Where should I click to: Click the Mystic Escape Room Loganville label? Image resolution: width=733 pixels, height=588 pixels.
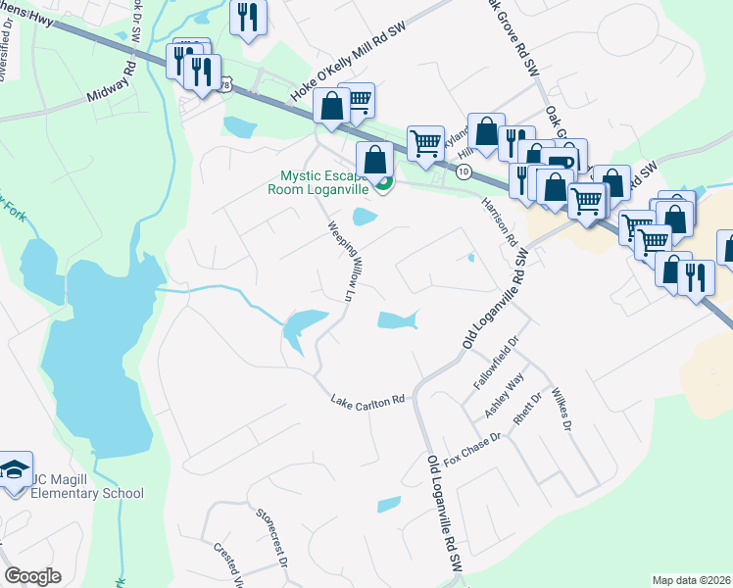coord(322,183)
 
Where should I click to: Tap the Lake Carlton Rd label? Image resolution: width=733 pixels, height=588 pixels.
coord(368,401)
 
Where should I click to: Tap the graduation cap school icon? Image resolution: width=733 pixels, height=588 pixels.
coord(15,471)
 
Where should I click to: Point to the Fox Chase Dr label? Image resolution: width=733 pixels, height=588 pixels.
coord(472,446)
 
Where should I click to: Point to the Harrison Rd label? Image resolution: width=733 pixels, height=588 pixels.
coord(498,219)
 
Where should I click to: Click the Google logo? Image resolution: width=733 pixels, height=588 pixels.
coord(33,576)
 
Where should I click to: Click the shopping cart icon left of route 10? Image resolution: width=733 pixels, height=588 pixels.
coord(425,142)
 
